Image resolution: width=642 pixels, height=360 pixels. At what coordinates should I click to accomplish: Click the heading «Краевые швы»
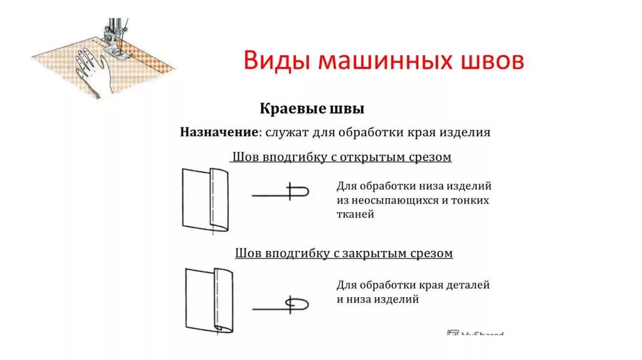pyautogui.click(x=312, y=109)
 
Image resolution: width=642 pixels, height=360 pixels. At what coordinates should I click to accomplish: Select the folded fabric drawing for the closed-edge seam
pyautogui.click(x=209, y=299)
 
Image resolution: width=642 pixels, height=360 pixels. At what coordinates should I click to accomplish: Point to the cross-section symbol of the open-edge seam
pyautogui.click(x=282, y=191)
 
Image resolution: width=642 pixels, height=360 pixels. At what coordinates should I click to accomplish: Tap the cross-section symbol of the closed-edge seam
pyautogui.click(x=283, y=305)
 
